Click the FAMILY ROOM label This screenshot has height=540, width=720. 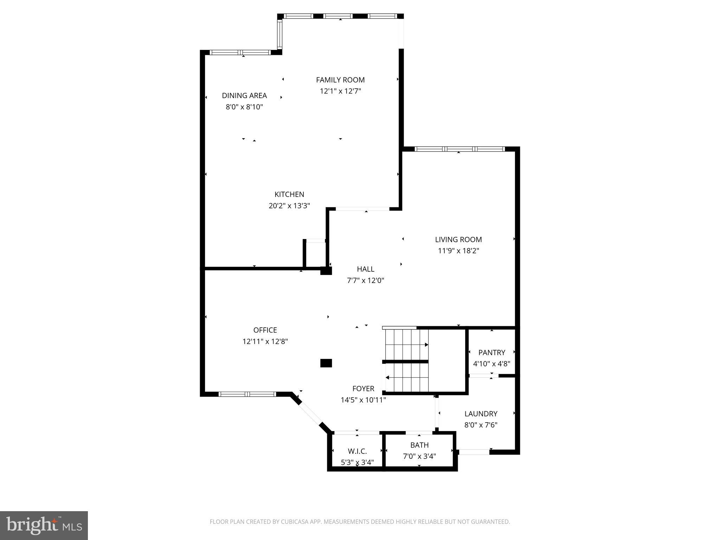340,80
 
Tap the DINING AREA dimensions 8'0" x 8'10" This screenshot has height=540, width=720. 244,107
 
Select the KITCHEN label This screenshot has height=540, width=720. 289,194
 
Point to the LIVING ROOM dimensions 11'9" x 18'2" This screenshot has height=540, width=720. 458,251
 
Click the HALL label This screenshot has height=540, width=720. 365,269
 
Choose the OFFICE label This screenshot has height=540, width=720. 265,330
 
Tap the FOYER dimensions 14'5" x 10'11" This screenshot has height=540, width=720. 363,400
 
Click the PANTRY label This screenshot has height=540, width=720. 491,352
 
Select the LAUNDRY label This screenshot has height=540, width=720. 481,413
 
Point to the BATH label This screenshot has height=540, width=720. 419,445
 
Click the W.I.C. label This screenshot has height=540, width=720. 357,451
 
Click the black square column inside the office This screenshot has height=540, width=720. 326,363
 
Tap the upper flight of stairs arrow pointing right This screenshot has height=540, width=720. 426,345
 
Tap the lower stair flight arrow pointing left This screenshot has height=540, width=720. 387,378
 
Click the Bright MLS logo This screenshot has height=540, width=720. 44,525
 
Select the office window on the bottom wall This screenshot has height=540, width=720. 247,394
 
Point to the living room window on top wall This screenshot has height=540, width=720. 459,149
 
